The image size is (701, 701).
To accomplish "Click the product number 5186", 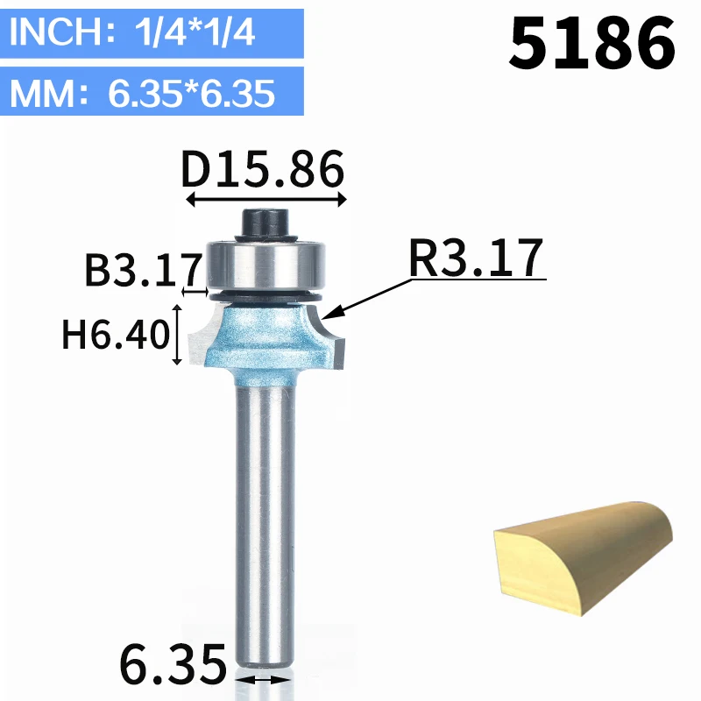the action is point(591,43).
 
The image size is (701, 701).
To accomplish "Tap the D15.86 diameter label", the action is point(262,169).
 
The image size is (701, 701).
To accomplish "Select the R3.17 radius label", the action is point(476,258).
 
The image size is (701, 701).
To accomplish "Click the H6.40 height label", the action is point(116,334).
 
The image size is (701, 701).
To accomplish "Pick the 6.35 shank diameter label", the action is point(173,664).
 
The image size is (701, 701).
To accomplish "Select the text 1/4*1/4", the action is point(195,32).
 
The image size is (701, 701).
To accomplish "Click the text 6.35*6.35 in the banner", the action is point(191,94).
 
